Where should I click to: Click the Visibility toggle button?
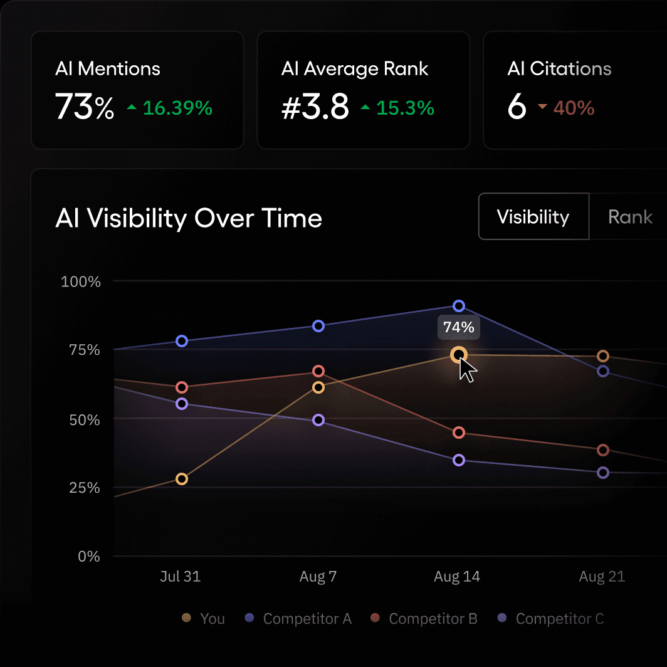[x=533, y=217]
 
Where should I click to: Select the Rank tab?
[x=629, y=217]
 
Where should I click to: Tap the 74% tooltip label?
[x=458, y=327]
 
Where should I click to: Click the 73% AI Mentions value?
[x=85, y=107]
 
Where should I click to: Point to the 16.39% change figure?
[x=177, y=108]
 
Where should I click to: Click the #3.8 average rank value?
[x=315, y=107]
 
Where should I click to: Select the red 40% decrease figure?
[x=573, y=108]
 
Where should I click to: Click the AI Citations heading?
[x=559, y=69]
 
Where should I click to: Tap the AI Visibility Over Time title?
[x=188, y=218]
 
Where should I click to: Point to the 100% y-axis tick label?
[x=81, y=281]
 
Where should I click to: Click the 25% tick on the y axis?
[x=84, y=487]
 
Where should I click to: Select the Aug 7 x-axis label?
[x=318, y=576]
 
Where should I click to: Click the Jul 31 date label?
[x=181, y=576]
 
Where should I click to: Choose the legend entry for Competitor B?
[x=433, y=619]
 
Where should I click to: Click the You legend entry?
[x=212, y=619]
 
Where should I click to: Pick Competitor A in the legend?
[x=307, y=619]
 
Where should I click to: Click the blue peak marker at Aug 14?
[x=458, y=306]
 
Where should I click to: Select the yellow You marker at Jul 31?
[x=181, y=479]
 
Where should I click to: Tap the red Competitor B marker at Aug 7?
[x=318, y=371]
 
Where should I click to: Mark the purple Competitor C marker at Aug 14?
[x=458, y=460]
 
